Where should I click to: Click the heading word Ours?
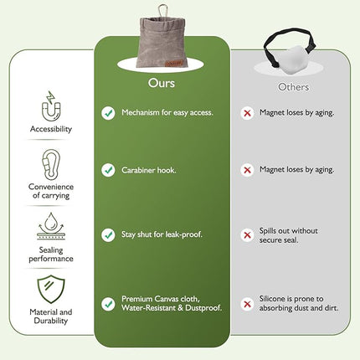pyautogui.click(x=161, y=84)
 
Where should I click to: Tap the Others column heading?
pyautogui.click(x=292, y=87)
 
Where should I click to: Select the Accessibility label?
pyautogui.click(x=51, y=130)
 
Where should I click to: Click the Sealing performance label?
pyautogui.click(x=51, y=254)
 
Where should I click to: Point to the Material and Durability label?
pyautogui.click(x=51, y=316)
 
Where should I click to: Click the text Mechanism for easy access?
pyautogui.click(x=166, y=112)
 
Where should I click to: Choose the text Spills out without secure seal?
pyautogui.click(x=299, y=235)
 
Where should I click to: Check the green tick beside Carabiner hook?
pyautogui.click(x=108, y=170)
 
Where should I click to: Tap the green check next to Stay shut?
pyautogui.click(x=108, y=235)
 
